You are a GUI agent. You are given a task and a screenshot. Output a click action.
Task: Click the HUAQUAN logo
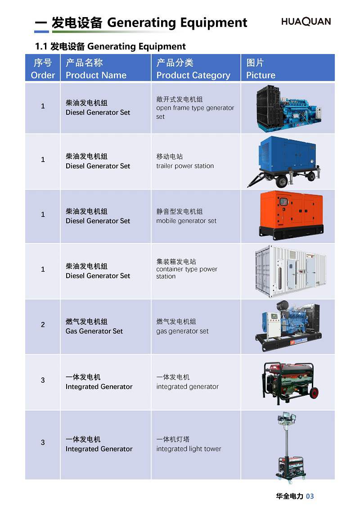click(306, 22)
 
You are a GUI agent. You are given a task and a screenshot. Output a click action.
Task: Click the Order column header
click(43, 68)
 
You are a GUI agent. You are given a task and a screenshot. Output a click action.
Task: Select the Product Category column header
click(193, 68)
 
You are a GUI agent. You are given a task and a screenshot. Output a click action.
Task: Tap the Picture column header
click(261, 68)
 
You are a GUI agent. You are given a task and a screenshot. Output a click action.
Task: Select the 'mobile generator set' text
click(186, 221)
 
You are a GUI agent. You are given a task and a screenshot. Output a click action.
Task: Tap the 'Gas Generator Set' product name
click(94, 331)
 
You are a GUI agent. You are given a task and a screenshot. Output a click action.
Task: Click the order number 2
click(43, 324)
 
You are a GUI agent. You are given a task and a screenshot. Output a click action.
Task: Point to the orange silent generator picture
click(291, 215)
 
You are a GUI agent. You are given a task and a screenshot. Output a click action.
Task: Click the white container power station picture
click(290, 271)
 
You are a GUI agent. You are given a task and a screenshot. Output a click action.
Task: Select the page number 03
click(310, 496)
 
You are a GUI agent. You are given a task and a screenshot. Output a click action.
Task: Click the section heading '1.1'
click(41, 46)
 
